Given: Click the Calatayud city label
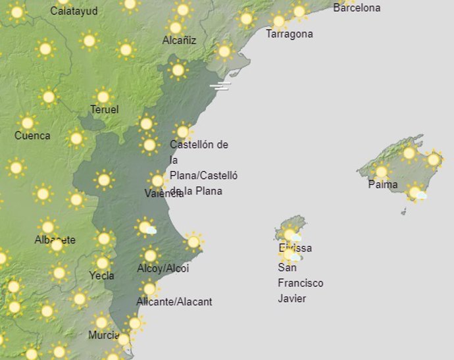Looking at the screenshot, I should tap(74, 11).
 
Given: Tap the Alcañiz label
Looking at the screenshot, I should tap(179, 40).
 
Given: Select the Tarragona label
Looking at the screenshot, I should tap(289, 34).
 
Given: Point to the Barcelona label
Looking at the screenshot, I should tap(357, 8).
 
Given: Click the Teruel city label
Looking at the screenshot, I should tap(104, 109).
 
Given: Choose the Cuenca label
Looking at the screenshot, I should tap(32, 136).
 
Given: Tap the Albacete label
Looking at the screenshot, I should tap(55, 240).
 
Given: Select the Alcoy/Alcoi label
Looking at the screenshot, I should tap(163, 268).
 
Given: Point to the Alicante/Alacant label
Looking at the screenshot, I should tap(174, 301).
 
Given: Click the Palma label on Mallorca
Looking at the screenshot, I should tap(382, 184).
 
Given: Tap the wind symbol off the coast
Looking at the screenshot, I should tap(220, 86).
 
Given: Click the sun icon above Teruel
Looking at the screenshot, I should tap(102, 96).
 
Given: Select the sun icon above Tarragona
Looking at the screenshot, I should tap(278, 20).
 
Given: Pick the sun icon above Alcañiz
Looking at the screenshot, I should tap(175, 27).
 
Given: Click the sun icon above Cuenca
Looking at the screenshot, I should tap(27, 122).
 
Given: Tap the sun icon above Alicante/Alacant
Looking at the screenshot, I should tap(149, 288).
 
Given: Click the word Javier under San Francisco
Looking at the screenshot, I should tap(293, 298).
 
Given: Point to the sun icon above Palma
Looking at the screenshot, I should tap(381, 172).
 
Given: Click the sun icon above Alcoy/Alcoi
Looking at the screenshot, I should tap(151, 255).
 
